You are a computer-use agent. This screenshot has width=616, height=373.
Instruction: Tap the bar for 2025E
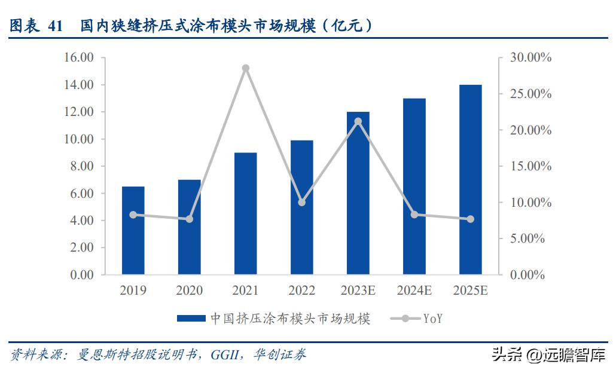(x=470, y=179)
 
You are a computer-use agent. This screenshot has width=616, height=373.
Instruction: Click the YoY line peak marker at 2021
(x=245, y=68)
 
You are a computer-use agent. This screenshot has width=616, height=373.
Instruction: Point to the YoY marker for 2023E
(x=358, y=121)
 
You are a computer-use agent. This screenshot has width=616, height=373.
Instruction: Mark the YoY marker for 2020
(x=189, y=219)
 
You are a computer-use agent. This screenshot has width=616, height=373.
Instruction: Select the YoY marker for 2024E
(x=414, y=214)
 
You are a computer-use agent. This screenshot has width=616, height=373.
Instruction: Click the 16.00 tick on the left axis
(x=80, y=58)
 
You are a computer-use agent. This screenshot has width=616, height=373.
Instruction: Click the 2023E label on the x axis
(x=358, y=291)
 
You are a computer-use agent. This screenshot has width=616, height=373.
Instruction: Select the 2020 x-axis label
(x=189, y=291)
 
